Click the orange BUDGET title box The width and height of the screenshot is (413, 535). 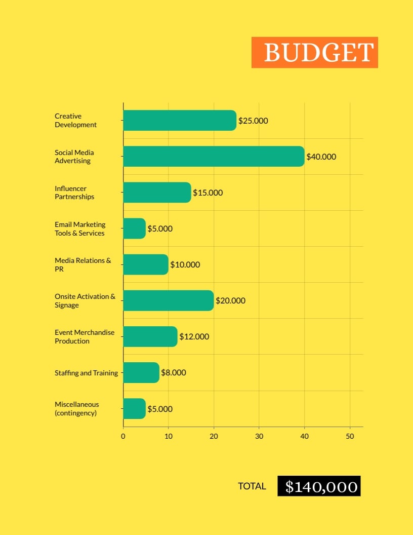click(314, 52)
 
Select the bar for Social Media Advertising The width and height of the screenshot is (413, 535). click(213, 157)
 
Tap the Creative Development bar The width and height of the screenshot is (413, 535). click(179, 121)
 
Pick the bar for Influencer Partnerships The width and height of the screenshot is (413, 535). click(157, 193)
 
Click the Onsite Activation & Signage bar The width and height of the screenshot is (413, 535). click(168, 300)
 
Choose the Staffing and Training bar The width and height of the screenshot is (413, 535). click(141, 372)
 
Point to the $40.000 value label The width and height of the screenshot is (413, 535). click(321, 157)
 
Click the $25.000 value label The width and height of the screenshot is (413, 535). click(253, 121)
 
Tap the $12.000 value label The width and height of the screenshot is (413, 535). click(194, 336)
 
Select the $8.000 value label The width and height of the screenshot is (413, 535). click(173, 372)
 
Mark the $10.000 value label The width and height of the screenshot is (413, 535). click(185, 264)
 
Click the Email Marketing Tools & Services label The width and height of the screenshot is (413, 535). click(80, 228)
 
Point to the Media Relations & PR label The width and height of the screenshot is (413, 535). click(82, 264)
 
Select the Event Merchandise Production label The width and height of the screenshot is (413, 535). click(85, 336)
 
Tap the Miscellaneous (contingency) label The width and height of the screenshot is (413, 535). click(77, 408)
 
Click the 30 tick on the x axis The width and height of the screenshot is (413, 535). click(259, 436)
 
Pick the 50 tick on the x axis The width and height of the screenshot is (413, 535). click(350, 436)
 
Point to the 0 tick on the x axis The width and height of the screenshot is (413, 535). click(123, 436)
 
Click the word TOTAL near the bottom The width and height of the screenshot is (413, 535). click(252, 486)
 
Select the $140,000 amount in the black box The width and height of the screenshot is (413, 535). click(319, 486)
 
